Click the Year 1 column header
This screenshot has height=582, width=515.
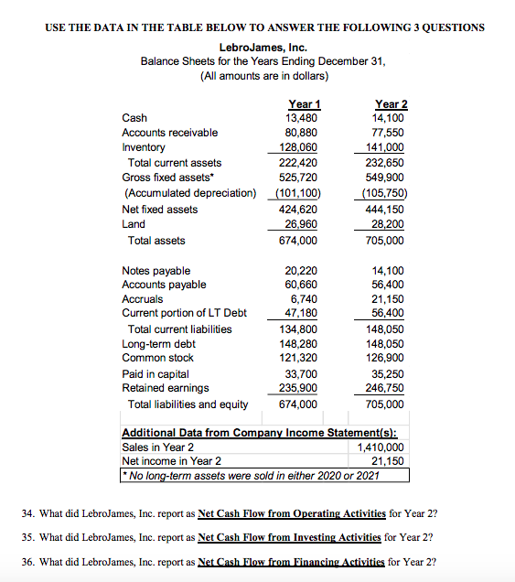pos(302,103)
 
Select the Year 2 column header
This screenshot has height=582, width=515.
pos(391,103)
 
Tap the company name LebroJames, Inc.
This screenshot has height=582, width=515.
pos(263,47)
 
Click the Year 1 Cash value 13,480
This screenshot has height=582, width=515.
pos(302,117)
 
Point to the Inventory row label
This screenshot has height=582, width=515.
pos(144,146)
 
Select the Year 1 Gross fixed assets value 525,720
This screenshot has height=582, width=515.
pos(301,177)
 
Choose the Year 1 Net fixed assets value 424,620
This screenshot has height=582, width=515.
pos(301,209)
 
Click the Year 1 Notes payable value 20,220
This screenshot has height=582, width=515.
pos(303,270)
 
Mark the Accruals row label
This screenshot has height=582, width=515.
pos(143,298)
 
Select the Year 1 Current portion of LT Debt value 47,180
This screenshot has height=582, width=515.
pos(303,313)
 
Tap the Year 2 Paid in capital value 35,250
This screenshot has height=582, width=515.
pos(392,373)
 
